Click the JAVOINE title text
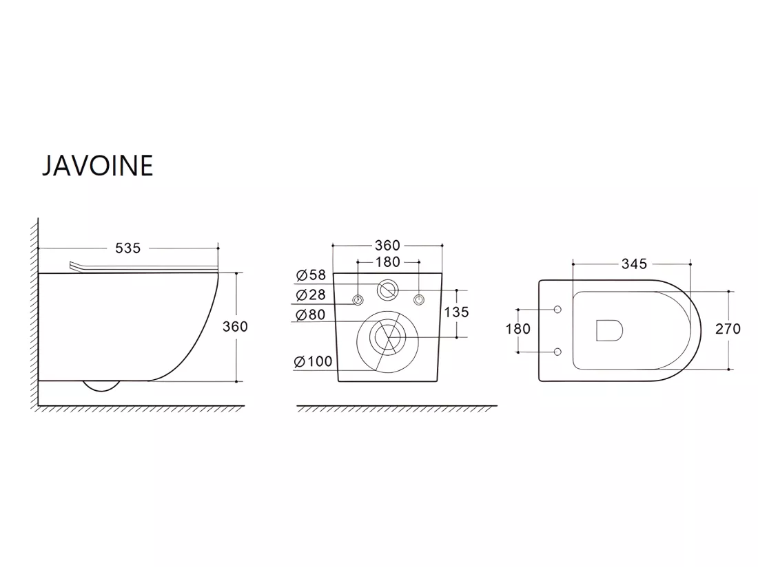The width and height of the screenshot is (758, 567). (98, 166)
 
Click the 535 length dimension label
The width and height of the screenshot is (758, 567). (127, 248)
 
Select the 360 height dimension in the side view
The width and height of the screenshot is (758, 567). (235, 327)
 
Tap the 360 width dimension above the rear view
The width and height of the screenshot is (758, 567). (387, 245)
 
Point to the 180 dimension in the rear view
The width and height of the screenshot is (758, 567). (388, 262)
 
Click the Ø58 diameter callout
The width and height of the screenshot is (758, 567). (311, 275)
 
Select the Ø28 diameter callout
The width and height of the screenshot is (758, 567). (311, 295)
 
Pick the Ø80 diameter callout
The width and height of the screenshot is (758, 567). (311, 314)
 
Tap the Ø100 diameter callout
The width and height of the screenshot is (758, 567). (314, 361)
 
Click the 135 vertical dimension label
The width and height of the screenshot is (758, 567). (456, 312)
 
